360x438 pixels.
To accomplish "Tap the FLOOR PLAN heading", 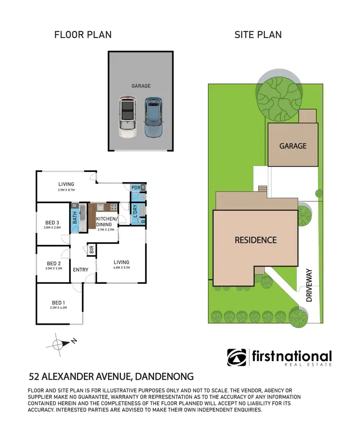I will [83, 35].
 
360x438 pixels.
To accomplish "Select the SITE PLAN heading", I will [258, 35].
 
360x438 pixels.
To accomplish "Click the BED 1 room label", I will [58, 303].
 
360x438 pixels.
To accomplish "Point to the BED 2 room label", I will [54, 263].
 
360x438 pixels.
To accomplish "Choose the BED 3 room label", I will [52, 222].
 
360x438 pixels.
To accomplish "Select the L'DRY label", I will [135, 211].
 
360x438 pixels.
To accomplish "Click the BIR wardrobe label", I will [91, 250].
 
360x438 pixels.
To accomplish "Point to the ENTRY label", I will [81, 269].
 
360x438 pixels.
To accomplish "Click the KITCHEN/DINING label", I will [106, 221].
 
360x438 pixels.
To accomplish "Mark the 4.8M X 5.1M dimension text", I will [121, 268].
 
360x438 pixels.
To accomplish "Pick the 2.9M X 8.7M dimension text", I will [66, 190].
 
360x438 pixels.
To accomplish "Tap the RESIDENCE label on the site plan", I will [255, 240].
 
